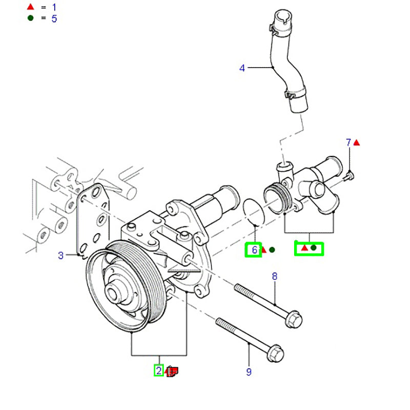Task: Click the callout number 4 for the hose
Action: point(242,68)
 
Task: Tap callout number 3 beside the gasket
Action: point(60,255)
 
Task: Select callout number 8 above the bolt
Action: point(274,277)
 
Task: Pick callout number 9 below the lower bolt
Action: point(249,372)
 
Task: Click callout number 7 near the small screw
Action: point(348,142)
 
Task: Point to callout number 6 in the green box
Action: point(254,250)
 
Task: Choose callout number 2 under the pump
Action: point(159,371)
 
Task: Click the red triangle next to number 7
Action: point(357,142)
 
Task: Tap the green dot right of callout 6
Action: point(272,250)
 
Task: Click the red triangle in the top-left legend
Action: point(31,7)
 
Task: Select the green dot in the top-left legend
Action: point(31,18)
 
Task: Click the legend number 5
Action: point(54,18)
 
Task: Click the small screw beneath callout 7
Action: point(350,176)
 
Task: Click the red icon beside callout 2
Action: point(173,371)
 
